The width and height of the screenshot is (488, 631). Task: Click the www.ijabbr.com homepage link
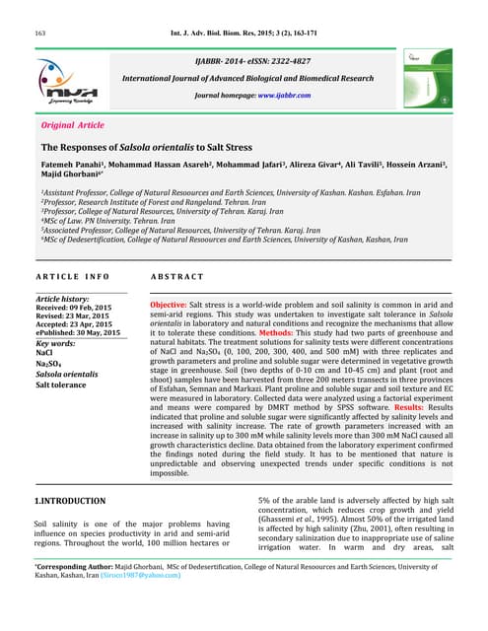click(x=284, y=96)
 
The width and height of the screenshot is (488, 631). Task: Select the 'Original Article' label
click(x=72, y=126)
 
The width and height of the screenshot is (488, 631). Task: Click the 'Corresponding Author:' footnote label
click(x=75, y=592)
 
